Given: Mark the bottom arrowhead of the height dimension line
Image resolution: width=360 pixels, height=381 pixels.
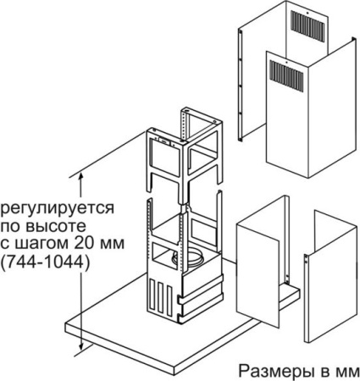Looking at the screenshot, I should [81, 348].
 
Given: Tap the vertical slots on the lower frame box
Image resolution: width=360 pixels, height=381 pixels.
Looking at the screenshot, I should [158, 298].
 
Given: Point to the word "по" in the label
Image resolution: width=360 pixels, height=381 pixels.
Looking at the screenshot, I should [13, 227].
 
